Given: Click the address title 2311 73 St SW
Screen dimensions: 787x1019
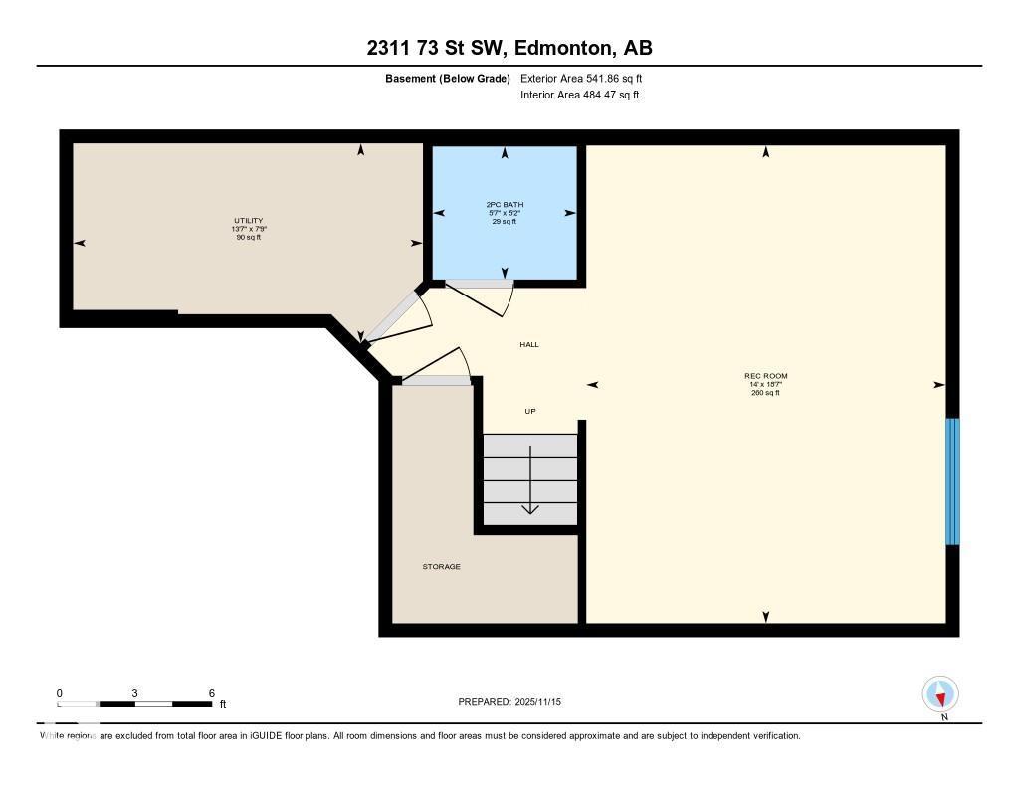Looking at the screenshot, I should pyautogui.click(x=509, y=48).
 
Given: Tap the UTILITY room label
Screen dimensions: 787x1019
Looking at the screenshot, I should pyautogui.click(x=249, y=221).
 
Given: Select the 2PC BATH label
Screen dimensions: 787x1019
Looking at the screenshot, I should pyautogui.click(x=505, y=205).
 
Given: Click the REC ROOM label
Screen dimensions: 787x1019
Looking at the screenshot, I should pyautogui.click(x=765, y=376).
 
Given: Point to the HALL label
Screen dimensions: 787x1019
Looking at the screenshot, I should pyautogui.click(x=529, y=344).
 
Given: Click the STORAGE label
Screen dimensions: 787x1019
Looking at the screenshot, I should pyautogui.click(x=441, y=567).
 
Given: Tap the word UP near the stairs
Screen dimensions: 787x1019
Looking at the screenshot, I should pyautogui.click(x=530, y=411).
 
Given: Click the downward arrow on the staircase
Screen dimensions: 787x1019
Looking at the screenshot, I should pyautogui.click(x=530, y=483).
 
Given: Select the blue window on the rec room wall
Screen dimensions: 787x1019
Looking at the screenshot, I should pyautogui.click(x=952, y=482).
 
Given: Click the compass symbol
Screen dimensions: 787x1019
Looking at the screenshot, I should pyautogui.click(x=940, y=693).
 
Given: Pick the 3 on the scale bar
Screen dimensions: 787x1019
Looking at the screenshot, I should pyautogui.click(x=134, y=693).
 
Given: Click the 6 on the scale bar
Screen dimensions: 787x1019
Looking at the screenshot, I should pyautogui.click(x=211, y=693).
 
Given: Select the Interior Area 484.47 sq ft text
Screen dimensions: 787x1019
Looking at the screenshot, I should pyautogui.click(x=579, y=96).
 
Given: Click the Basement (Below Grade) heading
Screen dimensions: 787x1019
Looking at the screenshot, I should pyautogui.click(x=447, y=78).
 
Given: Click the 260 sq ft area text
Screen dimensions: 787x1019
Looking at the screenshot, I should pyautogui.click(x=765, y=392).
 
